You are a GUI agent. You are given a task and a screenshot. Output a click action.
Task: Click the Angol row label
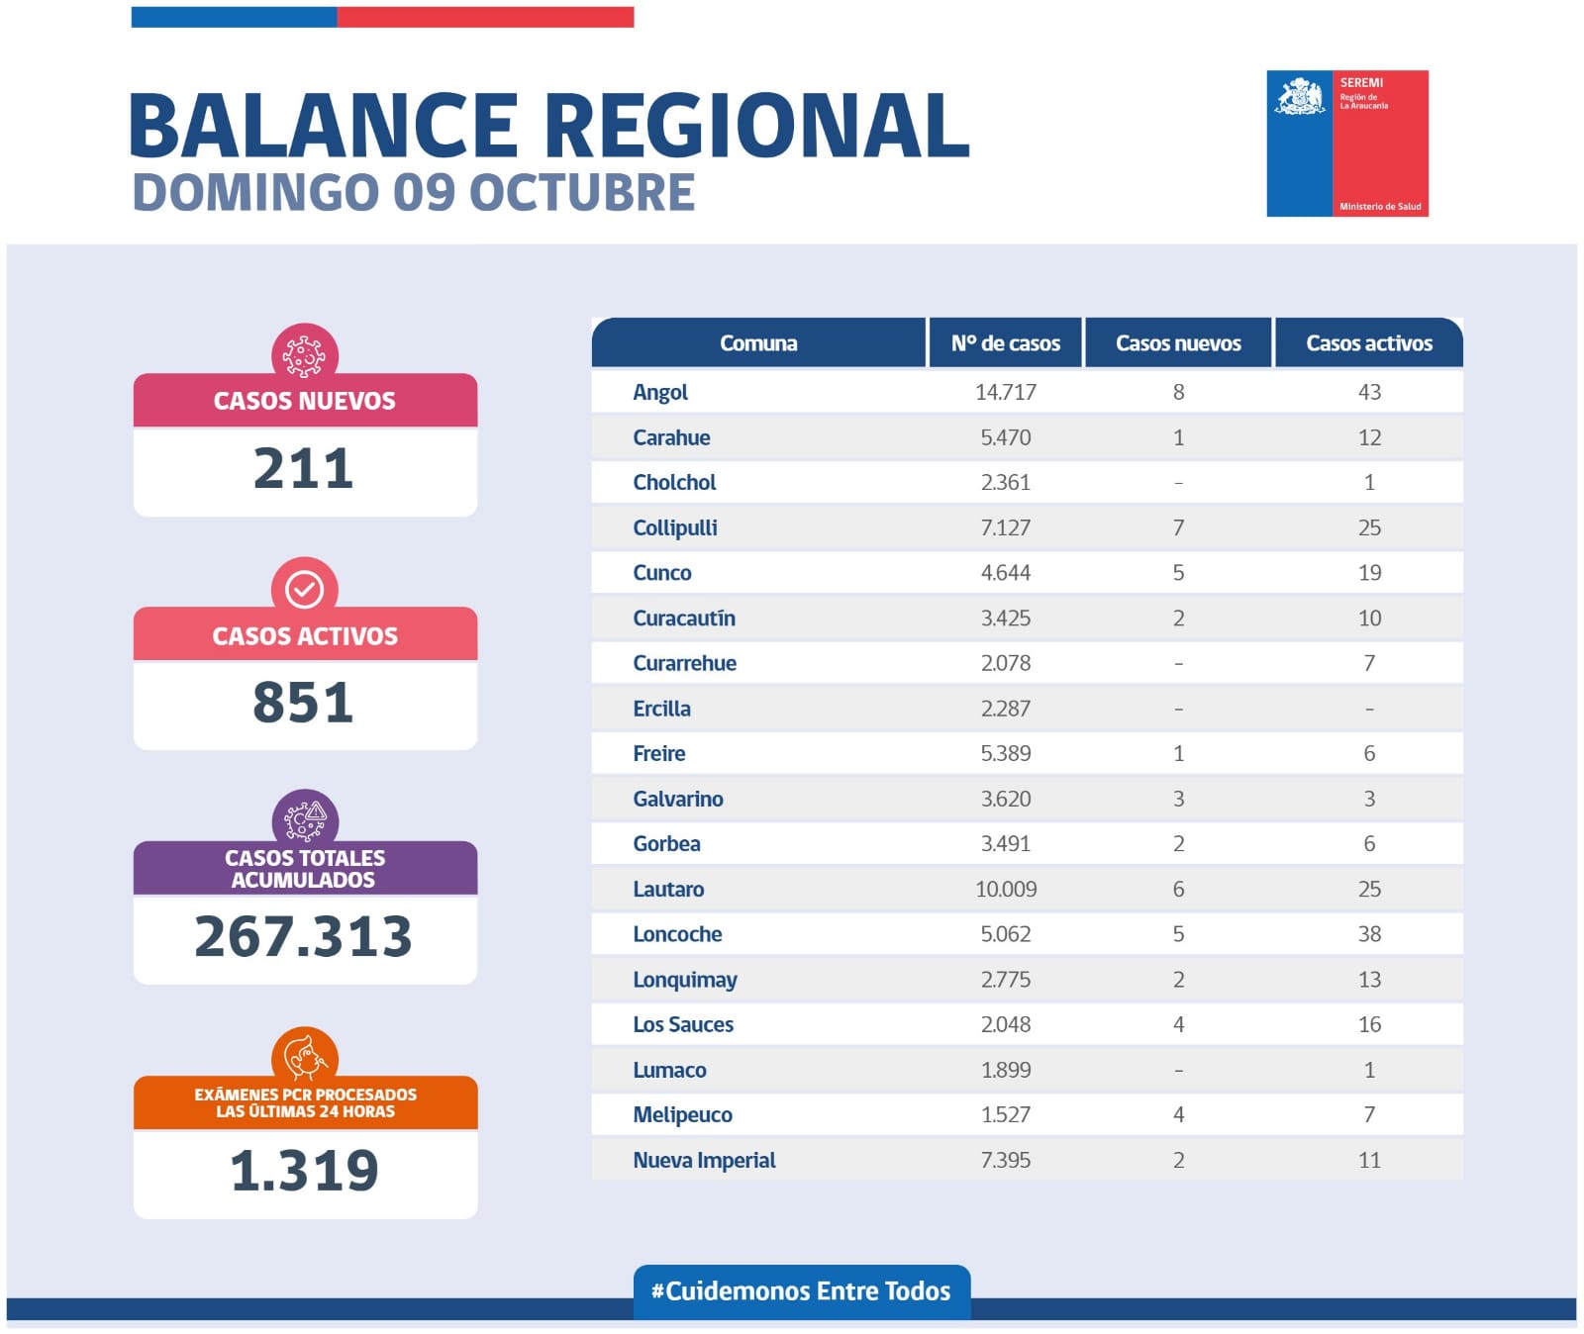pyautogui.click(x=660, y=392)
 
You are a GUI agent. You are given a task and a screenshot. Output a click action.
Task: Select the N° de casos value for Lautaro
pyautogui.click(x=1006, y=889)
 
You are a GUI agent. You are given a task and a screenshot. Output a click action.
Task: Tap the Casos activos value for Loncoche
pyautogui.click(x=1369, y=934)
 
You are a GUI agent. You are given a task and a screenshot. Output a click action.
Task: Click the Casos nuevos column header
pyautogui.click(x=1178, y=343)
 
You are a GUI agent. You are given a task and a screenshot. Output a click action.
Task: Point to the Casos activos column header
pyautogui.click(x=1369, y=343)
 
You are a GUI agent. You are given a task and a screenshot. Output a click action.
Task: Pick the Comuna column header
pyautogui.click(x=758, y=343)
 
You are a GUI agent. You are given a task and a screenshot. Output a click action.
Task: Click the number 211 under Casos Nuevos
pyautogui.click(x=304, y=468)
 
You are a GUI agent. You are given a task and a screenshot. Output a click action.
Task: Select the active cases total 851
pyautogui.click(x=304, y=703)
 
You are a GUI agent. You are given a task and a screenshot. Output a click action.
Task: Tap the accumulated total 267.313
pyautogui.click(x=304, y=936)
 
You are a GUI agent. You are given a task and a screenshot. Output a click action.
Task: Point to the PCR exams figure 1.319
pyautogui.click(x=304, y=1171)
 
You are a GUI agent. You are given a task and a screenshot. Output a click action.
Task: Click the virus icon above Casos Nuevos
pyautogui.click(x=305, y=354)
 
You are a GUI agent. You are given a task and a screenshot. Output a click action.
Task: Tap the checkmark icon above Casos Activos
pyautogui.click(x=305, y=589)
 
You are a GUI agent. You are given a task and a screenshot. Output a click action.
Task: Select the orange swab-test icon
pyautogui.click(x=305, y=1057)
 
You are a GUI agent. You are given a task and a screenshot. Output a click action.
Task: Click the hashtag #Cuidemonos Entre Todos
pyautogui.click(x=801, y=1290)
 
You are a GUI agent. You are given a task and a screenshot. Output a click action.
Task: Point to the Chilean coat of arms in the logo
pyautogui.click(x=1300, y=97)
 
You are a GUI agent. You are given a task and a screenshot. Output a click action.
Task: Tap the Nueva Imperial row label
pyautogui.click(x=704, y=1160)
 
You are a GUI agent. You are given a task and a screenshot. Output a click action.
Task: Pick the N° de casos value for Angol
pyautogui.click(x=1006, y=392)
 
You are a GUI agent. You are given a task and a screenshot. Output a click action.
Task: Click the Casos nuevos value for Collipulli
pyautogui.click(x=1178, y=527)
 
